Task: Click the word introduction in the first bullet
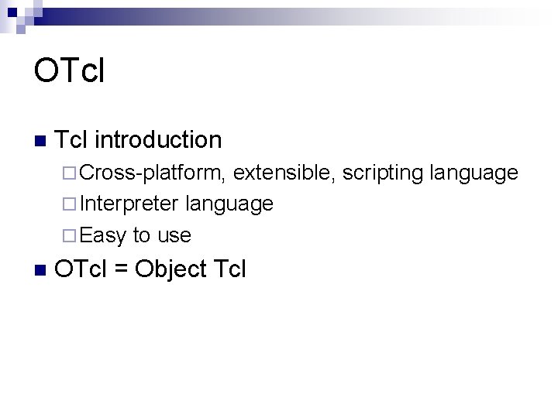[x=158, y=140]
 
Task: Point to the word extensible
[x=284, y=173]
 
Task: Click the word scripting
[x=383, y=173]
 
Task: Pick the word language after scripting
[x=474, y=173]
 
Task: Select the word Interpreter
[x=129, y=204]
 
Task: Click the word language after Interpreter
[x=229, y=204]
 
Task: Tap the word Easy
[x=103, y=235]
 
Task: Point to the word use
[x=174, y=235]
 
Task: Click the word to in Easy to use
[x=142, y=235]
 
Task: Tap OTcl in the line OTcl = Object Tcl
[x=81, y=269]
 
